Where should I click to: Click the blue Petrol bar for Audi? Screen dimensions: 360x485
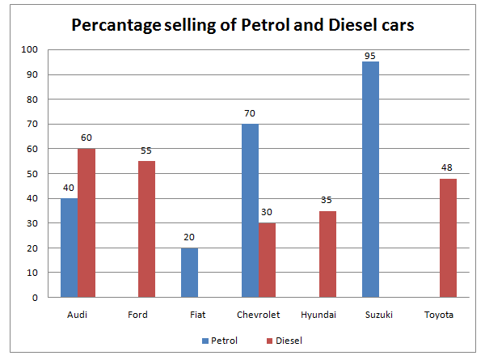coord(69,247)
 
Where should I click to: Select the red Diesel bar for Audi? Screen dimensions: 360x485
coord(86,222)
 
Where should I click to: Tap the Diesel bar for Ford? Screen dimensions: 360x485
coord(146,229)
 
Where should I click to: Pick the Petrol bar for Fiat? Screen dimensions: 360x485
coord(189,273)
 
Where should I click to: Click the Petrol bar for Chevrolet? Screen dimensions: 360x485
coord(250,210)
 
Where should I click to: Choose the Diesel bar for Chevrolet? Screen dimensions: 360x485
coord(268,260)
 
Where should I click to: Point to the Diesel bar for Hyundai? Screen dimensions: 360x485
coord(327,254)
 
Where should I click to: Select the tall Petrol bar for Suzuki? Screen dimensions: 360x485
coord(370,180)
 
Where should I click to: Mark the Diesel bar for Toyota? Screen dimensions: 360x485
coord(448,238)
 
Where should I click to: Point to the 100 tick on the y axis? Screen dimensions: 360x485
coord(30,49)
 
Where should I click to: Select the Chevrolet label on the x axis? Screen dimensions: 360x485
coord(259,315)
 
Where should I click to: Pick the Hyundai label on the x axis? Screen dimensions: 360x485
coord(318,315)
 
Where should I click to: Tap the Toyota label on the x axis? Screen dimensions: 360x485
coord(439,315)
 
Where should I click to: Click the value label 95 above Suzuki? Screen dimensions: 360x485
coord(370,55)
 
